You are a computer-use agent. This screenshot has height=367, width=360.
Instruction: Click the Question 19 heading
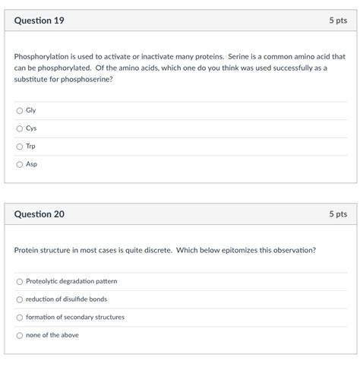[x=39, y=21]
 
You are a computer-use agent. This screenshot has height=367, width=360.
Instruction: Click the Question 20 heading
[x=39, y=215]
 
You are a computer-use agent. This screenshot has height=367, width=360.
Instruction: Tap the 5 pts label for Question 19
[x=338, y=21]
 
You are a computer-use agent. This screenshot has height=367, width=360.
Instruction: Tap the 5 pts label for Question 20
[x=338, y=215]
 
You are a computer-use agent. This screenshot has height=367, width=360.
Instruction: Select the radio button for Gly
[x=20, y=110]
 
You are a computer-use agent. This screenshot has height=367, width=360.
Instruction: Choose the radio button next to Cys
[x=20, y=128]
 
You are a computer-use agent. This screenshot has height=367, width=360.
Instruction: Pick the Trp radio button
[x=20, y=146]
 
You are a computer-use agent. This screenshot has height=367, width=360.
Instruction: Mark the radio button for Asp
[x=20, y=164]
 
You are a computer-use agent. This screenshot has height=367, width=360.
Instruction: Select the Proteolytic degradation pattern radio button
[x=20, y=282]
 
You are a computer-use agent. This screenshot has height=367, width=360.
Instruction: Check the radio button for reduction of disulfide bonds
[x=20, y=299]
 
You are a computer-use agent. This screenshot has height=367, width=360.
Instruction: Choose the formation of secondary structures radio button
[x=20, y=318]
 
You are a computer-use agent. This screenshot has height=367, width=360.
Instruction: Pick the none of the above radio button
[x=20, y=335]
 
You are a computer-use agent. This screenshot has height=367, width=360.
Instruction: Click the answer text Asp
[x=31, y=164]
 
